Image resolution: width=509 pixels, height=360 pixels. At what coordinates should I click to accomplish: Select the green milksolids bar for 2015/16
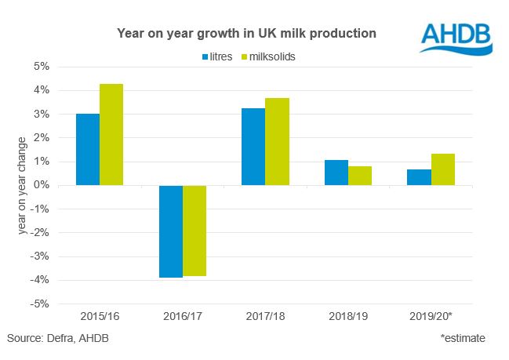tap(111, 135)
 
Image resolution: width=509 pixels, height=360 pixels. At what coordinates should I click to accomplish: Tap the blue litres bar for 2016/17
tap(171, 231)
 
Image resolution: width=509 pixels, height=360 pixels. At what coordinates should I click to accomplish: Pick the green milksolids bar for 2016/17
tap(195, 231)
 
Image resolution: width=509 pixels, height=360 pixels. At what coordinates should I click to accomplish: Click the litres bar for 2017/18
tap(253, 147)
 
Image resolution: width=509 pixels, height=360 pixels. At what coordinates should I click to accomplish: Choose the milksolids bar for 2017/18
tap(277, 142)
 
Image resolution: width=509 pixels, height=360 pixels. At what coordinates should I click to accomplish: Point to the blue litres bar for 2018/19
tap(336, 173)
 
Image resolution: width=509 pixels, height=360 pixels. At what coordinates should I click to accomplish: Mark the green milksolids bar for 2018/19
tap(360, 176)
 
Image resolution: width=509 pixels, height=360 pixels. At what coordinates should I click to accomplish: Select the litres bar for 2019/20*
tap(419, 177)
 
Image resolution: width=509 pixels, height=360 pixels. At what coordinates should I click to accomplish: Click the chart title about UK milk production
tap(246, 34)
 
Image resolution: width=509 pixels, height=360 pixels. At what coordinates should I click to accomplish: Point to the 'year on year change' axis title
tap(23, 185)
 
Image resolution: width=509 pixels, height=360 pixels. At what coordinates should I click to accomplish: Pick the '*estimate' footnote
tap(463, 338)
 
